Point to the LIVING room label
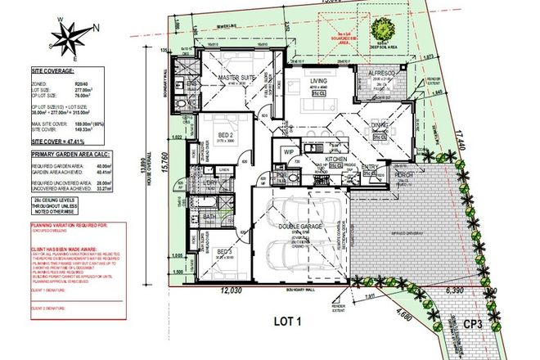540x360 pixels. (x=319, y=80)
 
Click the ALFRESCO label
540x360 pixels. (x=381, y=72)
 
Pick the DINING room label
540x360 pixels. (x=378, y=125)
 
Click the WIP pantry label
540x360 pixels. (x=288, y=152)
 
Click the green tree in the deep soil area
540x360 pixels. (x=381, y=31)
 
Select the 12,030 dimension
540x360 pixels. (x=230, y=289)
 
